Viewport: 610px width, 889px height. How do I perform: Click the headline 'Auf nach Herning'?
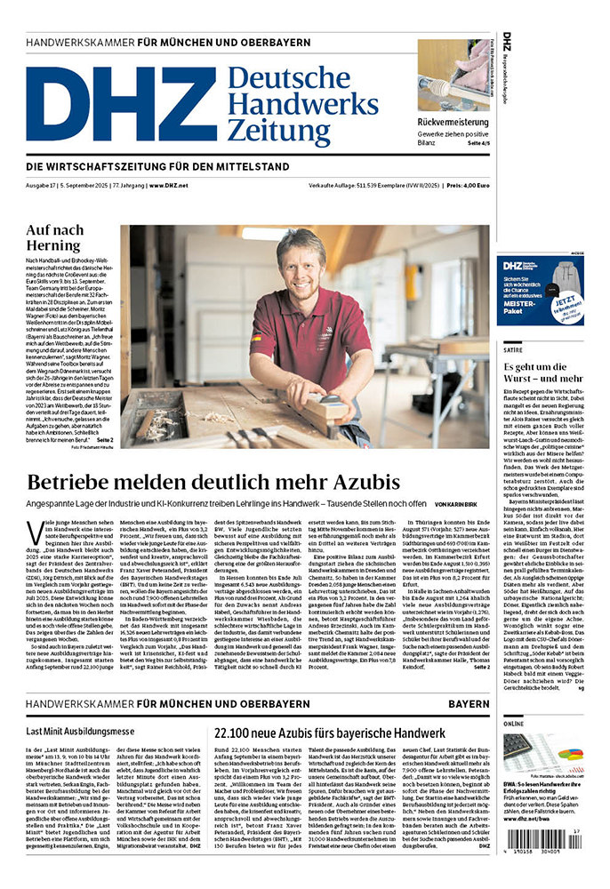(x=55, y=237)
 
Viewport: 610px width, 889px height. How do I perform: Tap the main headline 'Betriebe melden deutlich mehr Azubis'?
(x=213, y=483)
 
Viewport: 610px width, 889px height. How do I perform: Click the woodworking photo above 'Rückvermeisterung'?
(x=453, y=75)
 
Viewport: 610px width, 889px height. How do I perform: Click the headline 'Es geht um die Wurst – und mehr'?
(x=542, y=373)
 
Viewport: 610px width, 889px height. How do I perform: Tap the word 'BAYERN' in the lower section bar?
(x=468, y=703)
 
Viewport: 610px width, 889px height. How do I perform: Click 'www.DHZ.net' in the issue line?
(x=168, y=185)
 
